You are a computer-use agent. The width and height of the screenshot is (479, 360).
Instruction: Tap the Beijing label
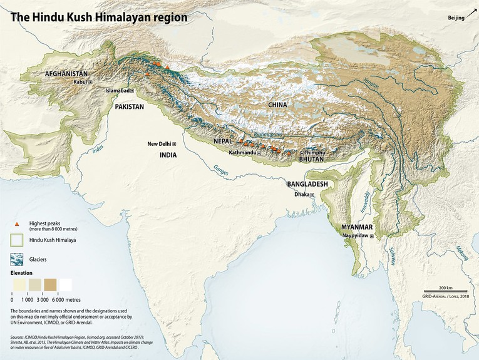point(456,18)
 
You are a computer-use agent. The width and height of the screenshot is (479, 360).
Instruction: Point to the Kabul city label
point(80,81)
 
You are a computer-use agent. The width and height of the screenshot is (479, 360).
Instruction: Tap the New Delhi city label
point(159,144)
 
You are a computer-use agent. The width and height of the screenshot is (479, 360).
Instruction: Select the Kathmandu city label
point(242,152)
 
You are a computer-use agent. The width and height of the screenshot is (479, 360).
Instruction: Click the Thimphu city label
point(315,153)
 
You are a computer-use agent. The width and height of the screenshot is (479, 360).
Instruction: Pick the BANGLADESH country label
point(307,185)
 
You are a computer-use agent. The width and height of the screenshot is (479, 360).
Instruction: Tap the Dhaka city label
point(302,195)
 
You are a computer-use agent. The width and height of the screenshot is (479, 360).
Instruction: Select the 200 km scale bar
point(446,289)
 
